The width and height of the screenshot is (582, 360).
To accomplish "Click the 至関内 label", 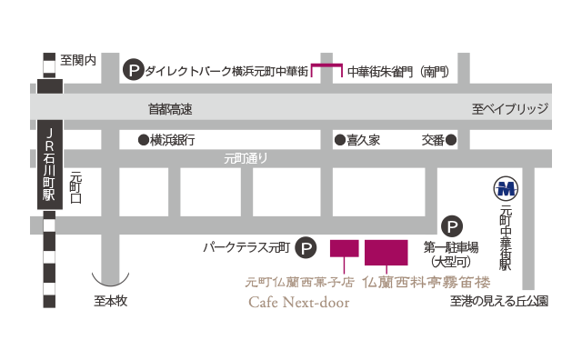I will [x=78, y=62].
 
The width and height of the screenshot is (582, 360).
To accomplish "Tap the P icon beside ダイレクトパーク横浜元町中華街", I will [x=133, y=68].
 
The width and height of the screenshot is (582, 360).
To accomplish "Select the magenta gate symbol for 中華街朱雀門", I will [x=326, y=69].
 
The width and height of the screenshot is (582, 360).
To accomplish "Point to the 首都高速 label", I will [x=171, y=109].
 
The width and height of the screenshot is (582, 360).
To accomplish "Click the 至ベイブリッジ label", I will [x=510, y=109].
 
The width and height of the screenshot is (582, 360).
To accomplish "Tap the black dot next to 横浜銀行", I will [x=143, y=140].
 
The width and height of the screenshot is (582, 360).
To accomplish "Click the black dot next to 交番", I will [x=450, y=140].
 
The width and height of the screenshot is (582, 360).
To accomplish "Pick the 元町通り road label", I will [x=246, y=159].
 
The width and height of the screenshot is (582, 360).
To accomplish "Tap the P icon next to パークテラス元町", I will [x=307, y=246].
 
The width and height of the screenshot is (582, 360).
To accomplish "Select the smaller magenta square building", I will [x=344, y=248].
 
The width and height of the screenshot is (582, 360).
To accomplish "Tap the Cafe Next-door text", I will [x=297, y=303].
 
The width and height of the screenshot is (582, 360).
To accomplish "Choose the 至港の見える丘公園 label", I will [x=498, y=302].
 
